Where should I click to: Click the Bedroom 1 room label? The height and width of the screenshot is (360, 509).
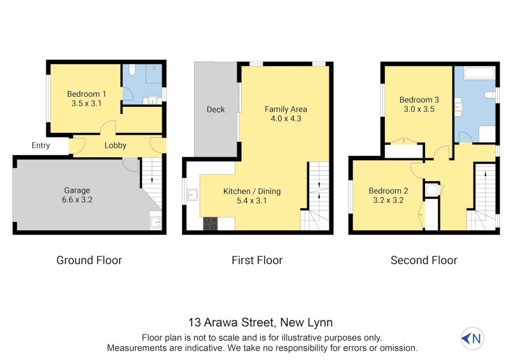point(87,94)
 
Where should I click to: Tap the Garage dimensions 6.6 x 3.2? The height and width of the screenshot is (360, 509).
point(77,200)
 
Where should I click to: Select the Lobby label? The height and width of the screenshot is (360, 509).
point(115,145)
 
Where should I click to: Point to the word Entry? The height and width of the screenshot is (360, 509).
point(41,146)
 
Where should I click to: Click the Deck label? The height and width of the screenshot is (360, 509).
point(216,109)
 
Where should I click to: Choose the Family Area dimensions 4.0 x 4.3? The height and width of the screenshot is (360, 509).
point(286,119)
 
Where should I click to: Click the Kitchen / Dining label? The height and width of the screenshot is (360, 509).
point(251,191)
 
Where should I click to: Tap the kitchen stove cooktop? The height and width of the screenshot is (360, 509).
point(210,223)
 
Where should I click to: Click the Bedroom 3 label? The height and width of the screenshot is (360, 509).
point(419,99)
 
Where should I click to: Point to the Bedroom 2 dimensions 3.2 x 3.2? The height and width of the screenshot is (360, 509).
point(388,200)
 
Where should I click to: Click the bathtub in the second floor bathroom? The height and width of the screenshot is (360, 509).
point(479,73)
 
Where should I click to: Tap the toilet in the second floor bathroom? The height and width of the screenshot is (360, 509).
point(489,95)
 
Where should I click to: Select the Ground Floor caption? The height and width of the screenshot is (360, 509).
point(89,260)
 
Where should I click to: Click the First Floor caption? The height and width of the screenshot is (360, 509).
point(256,260)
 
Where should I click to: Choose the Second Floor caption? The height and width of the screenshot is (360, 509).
point(424,260)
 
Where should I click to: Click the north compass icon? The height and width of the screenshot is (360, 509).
point(471,338)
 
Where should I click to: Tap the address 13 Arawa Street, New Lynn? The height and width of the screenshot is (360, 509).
point(260,322)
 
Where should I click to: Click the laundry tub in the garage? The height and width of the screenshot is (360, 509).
point(155,223)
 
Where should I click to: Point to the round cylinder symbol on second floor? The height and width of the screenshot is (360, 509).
point(431,190)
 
